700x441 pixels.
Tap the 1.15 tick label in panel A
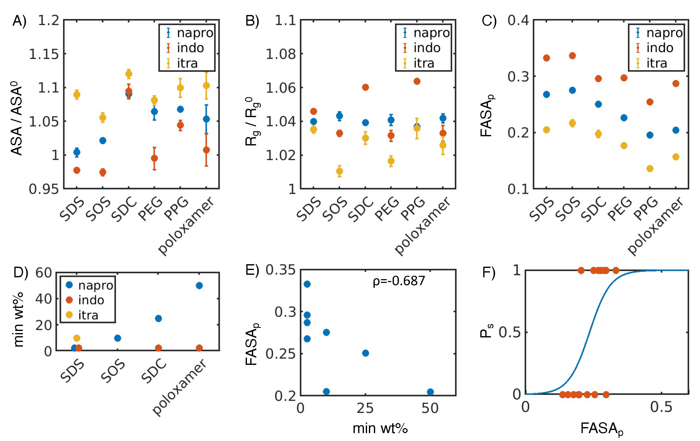click(x=44, y=54)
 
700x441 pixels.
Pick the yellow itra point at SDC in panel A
click(x=128, y=74)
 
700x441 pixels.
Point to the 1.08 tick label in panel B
click(x=281, y=54)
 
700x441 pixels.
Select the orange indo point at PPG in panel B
click(x=417, y=81)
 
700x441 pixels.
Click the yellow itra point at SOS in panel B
click(x=339, y=171)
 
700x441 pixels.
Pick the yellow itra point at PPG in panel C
click(x=650, y=168)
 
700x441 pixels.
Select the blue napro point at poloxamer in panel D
click(x=199, y=285)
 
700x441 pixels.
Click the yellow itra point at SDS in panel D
click(x=77, y=338)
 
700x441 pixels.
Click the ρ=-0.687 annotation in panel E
click(x=399, y=281)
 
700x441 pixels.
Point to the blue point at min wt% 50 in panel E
click(x=430, y=392)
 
